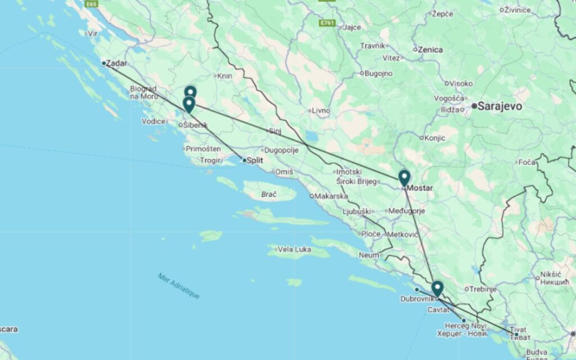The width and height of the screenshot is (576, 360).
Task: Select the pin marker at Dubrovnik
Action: (437, 289)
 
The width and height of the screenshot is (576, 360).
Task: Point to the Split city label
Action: (255, 160)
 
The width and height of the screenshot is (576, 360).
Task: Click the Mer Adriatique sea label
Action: (179, 286)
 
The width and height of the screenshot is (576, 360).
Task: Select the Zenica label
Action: (430, 49)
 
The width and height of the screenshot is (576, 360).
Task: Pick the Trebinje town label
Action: (483, 289)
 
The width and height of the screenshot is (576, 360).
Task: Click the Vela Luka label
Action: (294, 249)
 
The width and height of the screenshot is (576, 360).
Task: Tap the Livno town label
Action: (321, 110)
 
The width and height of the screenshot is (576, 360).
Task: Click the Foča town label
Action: (528, 163)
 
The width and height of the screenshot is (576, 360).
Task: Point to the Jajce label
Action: (352, 27)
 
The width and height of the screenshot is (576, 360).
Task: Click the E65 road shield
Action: (92, 4)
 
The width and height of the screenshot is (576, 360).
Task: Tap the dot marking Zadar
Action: (103, 63)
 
